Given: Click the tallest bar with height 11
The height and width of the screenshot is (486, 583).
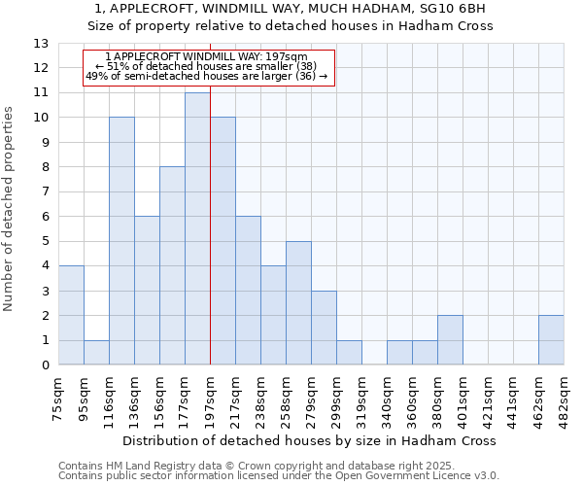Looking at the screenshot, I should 197,228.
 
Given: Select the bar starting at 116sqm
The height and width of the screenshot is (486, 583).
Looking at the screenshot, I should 121,241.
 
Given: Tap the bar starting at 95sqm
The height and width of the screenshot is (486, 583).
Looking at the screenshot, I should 96,353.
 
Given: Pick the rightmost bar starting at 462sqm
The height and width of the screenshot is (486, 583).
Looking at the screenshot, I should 551,340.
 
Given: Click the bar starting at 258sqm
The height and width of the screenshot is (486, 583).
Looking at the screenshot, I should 298,303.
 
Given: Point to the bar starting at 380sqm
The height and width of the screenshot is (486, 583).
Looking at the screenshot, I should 450,340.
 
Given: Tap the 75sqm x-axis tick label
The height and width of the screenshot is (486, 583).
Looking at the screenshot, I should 59,397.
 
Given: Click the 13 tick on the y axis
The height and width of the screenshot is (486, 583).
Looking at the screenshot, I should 40,44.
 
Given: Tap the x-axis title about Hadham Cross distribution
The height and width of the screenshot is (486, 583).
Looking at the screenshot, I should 311,440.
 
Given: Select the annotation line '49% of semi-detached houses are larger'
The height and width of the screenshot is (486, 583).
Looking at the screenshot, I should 207,76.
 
